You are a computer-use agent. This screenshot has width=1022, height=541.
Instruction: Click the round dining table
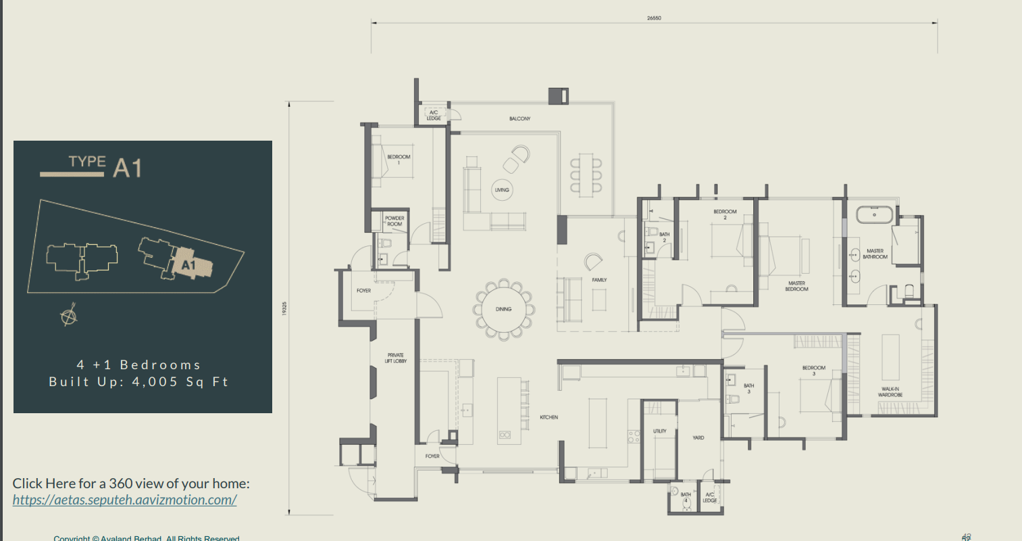point(503,310)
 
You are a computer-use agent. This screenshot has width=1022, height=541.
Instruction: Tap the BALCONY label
point(519,119)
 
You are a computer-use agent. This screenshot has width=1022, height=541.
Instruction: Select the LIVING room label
point(502,190)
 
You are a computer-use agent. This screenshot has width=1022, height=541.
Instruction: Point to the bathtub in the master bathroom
point(874,216)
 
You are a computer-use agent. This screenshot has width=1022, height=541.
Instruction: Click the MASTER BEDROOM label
point(796,286)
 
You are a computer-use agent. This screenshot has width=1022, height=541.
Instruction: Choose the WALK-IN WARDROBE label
point(890,392)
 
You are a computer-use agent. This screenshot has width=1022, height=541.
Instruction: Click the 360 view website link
point(124,500)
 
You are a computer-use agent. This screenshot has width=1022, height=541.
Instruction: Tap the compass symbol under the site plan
point(68,316)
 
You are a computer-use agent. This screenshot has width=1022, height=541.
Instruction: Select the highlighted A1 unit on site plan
point(187,264)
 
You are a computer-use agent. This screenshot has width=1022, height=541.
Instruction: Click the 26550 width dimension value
point(653,18)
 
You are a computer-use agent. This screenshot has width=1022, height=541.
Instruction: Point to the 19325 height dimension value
point(284,308)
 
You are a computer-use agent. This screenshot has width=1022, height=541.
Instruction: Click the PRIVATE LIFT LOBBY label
point(395,358)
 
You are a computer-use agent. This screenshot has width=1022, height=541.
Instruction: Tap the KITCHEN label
point(548,417)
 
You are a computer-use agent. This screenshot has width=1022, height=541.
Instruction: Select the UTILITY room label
point(659,431)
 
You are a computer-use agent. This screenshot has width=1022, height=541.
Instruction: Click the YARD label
point(698,438)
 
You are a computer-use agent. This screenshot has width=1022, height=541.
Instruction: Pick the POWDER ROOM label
point(394,221)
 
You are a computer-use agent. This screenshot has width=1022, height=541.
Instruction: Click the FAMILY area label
point(599,279)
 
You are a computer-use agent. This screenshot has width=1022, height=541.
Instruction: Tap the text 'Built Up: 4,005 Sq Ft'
point(138,382)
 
